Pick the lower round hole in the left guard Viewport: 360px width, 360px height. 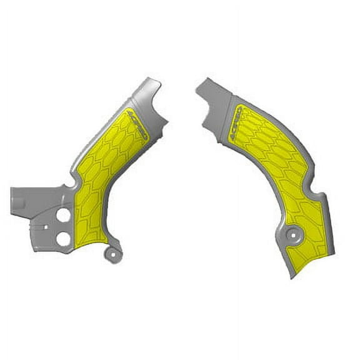point(63,238)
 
